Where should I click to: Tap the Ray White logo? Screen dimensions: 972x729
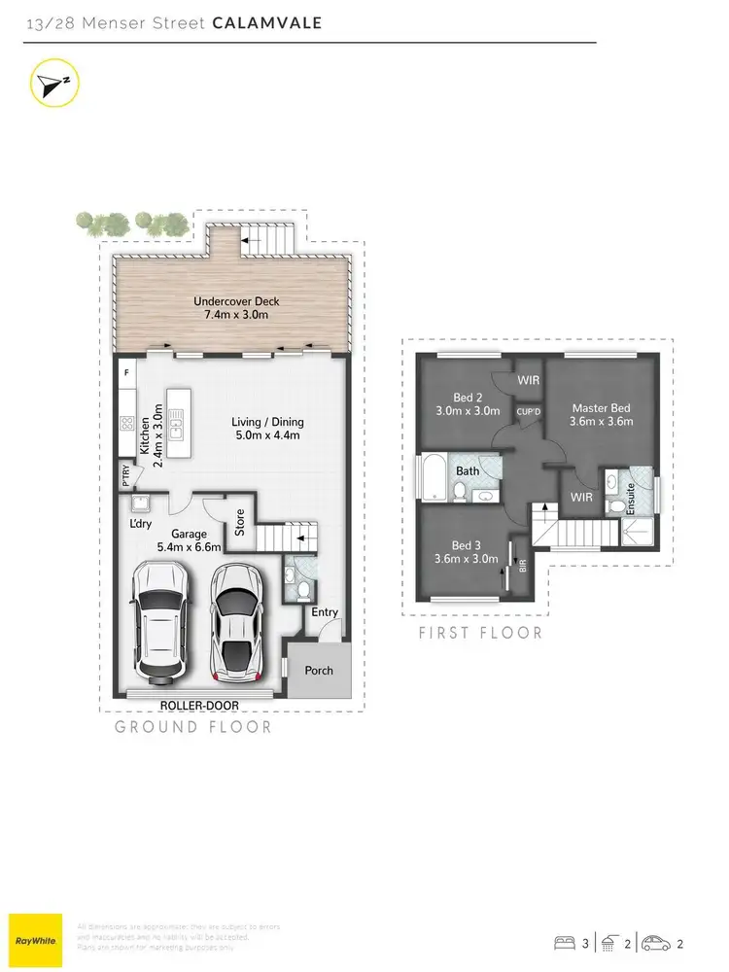pyautogui.click(x=35, y=941)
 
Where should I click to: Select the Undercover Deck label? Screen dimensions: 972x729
pyautogui.click(x=229, y=308)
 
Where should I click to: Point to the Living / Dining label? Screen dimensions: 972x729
pyautogui.click(x=267, y=429)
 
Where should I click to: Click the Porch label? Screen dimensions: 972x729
pyautogui.click(x=319, y=671)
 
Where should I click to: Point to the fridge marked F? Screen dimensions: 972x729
pyautogui.click(x=126, y=372)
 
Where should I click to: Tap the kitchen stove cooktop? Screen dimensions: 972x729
pyautogui.click(x=126, y=425)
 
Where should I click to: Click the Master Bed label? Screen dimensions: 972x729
pyautogui.click(x=602, y=415)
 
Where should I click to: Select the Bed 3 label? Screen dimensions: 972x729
pyautogui.click(x=467, y=552)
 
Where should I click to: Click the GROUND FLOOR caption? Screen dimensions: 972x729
pyautogui.click(x=193, y=727)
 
